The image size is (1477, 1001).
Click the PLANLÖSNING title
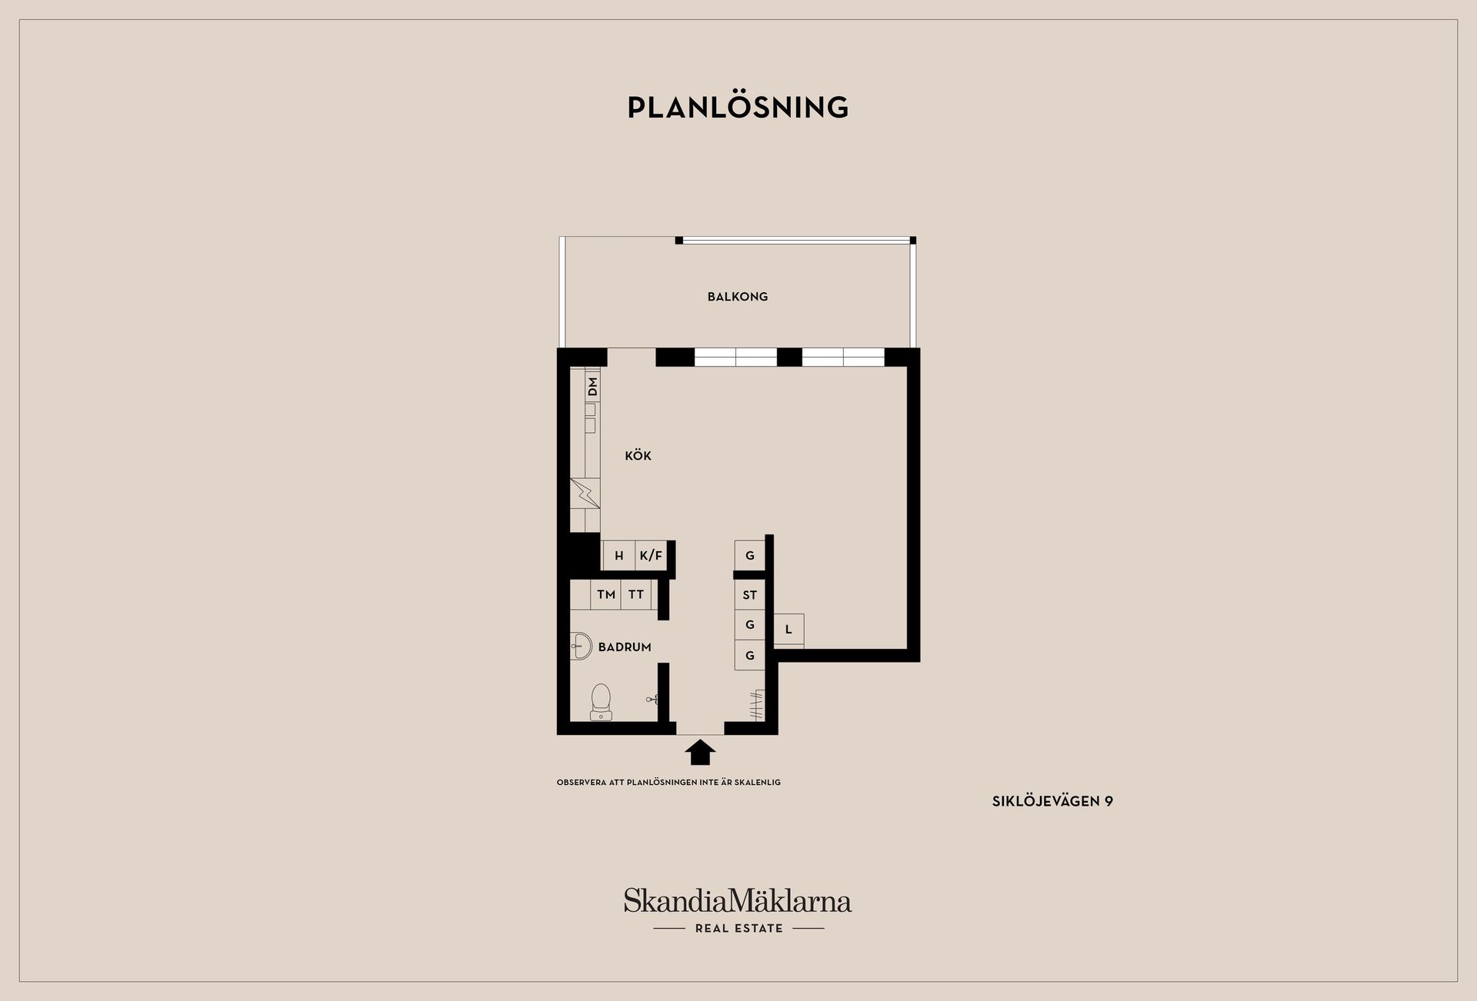pyautogui.click(x=738, y=107)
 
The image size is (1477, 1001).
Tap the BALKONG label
pyautogui.click(x=738, y=297)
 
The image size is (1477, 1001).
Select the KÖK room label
pyautogui.click(x=638, y=456)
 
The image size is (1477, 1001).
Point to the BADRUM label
pyautogui.click(x=625, y=647)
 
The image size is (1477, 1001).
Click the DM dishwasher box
pyautogui.click(x=592, y=387)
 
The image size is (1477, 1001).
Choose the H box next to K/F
pyautogui.click(x=619, y=556)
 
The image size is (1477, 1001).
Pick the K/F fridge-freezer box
pyautogui.click(x=651, y=556)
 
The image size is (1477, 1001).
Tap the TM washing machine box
pyautogui.click(x=606, y=594)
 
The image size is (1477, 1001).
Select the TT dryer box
pyautogui.click(x=636, y=594)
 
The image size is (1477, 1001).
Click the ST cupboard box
pyautogui.click(x=750, y=594)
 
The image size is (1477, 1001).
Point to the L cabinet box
pyautogui.click(x=789, y=630)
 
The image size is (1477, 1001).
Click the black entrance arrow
pyautogui.click(x=700, y=752)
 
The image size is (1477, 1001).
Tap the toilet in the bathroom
pyautogui.click(x=601, y=702)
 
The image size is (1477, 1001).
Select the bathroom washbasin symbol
pyautogui.click(x=582, y=647)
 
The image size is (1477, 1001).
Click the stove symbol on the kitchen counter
pyautogui.click(x=585, y=493)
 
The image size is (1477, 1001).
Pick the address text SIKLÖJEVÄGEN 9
pyautogui.click(x=1052, y=801)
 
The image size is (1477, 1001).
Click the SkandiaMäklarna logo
pyautogui.click(x=738, y=900)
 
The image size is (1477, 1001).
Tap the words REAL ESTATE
pyautogui.click(x=739, y=929)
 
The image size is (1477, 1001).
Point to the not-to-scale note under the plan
pyautogui.click(x=668, y=783)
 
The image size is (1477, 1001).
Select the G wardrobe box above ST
pyautogui.click(x=750, y=556)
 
